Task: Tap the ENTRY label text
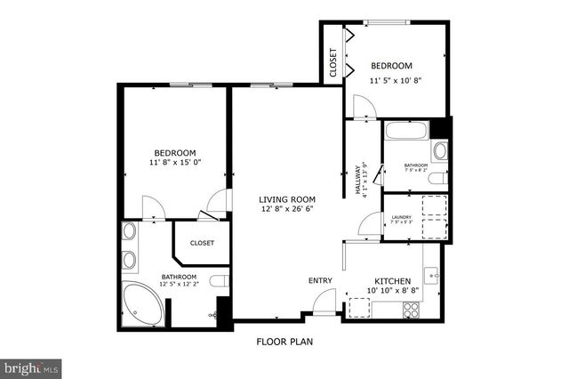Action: pyautogui.click(x=320, y=281)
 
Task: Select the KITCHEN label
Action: pyautogui.click(x=392, y=281)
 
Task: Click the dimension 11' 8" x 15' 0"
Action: pyautogui.click(x=175, y=163)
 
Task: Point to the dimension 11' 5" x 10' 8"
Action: pyautogui.click(x=395, y=80)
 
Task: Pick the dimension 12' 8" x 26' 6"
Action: pyautogui.click(x=286, y=209)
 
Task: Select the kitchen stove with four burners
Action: pyautogui.click(x=412, y=310)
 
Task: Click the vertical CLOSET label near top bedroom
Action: pyautogui.click(x=333, y=64)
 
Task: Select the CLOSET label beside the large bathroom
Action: pyautogui.click(x=202, y=242)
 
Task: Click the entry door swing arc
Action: pyautogui.click(x=327, y=300)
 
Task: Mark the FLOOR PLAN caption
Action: pyautogui.click(x=284, y=341)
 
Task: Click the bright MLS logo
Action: pyautogui.click(x=31, y=367)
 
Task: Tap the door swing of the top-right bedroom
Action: pyautogui.click(x=363, y=107)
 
